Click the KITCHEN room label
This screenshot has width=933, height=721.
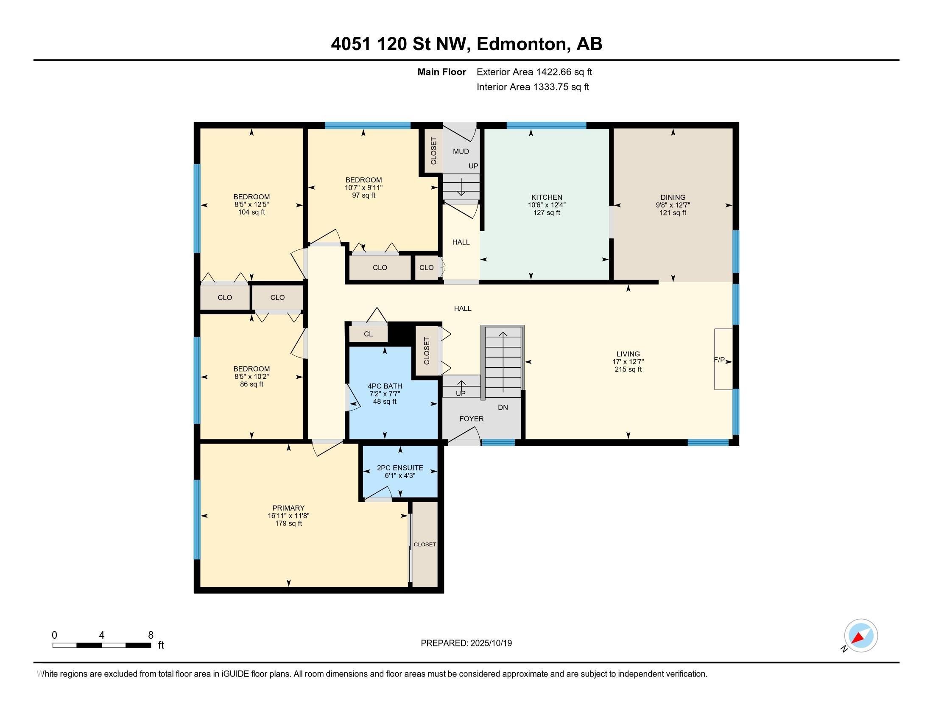[546, 197]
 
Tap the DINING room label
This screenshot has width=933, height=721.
[673, 197]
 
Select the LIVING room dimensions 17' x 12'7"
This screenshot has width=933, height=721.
[628, 362]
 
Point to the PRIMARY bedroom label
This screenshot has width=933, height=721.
[288, 508]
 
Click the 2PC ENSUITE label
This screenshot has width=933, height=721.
[400, 468]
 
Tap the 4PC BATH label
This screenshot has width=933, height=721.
[385, 386]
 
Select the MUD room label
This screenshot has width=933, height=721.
[461, 151]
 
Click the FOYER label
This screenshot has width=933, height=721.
[471, 419]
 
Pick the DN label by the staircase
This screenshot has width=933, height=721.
[503, 408]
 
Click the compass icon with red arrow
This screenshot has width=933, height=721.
[861, 636]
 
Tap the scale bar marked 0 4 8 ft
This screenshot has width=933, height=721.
[102, 645]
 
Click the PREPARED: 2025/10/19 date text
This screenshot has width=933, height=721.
[466, 643]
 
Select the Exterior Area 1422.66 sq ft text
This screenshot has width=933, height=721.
[534, 72]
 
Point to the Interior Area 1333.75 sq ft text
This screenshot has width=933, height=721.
[533, 87]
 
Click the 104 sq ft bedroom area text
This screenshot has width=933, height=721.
[251, 212]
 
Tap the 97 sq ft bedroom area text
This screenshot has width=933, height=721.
[363, 196]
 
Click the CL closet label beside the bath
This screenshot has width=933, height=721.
[368, 334]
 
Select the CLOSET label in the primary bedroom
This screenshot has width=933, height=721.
[425, 545]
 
